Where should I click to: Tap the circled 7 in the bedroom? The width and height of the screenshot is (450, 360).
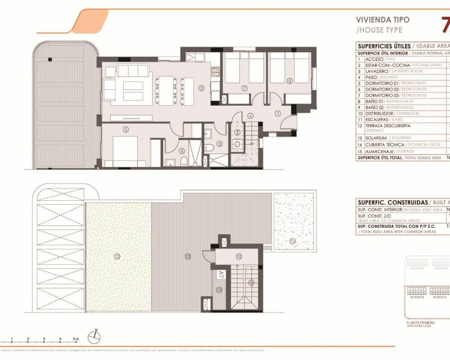(244, 88)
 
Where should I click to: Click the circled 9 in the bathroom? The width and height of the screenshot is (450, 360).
(219, 143)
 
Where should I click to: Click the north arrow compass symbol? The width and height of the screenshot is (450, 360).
(97, 335)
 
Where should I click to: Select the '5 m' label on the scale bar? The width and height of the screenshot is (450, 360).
(76, 339)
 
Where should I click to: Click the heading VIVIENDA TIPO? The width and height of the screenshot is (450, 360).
(382, 20)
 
